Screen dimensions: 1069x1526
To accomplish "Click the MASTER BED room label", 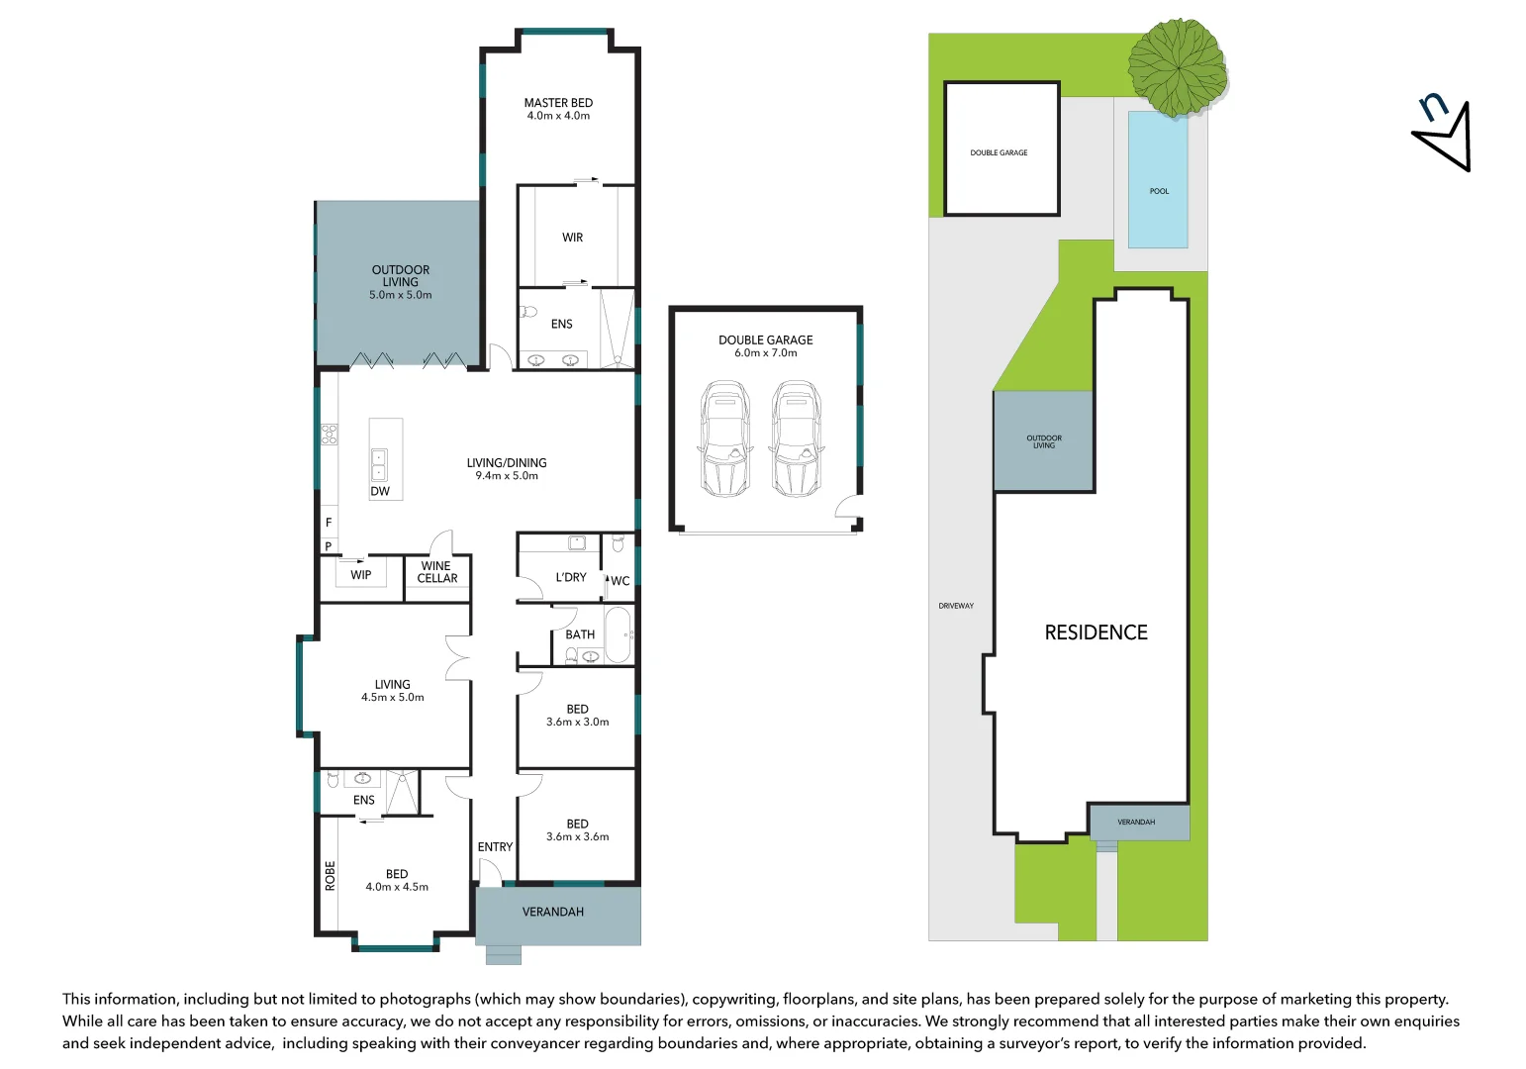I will pos(558,103).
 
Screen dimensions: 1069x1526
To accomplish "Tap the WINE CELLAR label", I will pos(436,572).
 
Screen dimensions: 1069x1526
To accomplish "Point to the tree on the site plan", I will pos(1178,67).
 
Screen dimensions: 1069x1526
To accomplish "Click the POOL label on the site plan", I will pos(1159,191).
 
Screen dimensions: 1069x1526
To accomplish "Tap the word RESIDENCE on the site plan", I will pos(1096,632).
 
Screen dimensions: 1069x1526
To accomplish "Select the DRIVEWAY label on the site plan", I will pos(956,606).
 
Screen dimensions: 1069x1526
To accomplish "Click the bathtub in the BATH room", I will pos(619,634).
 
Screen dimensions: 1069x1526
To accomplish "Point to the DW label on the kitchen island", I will pos(380,491).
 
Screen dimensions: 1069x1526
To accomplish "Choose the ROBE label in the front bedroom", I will pos(331,876).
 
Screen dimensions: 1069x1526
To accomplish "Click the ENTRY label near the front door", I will pos(495,847).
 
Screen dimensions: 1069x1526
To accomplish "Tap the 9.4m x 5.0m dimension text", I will pos(507,476).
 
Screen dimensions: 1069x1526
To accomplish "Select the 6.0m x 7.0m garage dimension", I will pos(765,353).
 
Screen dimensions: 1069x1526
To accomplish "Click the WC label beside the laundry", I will pos(620,581).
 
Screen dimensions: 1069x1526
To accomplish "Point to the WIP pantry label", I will pos(361,575).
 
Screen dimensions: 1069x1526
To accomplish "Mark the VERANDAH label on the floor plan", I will pos(553,912).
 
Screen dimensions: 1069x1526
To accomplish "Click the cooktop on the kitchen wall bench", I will pos(329,434).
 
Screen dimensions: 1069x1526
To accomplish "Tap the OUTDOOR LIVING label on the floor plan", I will pos(401,275).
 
